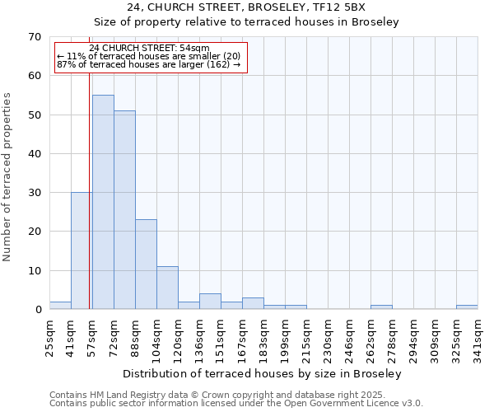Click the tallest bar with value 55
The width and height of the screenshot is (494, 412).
point(103,202)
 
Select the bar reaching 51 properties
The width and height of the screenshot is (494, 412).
point(124,210)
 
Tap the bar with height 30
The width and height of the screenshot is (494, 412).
point(82,250)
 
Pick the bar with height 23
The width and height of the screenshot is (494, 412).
point(146,264)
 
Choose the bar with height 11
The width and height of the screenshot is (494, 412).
point(167,288)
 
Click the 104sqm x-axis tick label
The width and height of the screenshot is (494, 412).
point(156,335)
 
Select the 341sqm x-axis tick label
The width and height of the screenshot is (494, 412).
point(478,335)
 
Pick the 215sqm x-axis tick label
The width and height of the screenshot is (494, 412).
point(306,335)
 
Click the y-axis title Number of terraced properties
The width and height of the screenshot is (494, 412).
point(8,176)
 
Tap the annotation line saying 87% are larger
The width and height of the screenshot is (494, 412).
point(149,64)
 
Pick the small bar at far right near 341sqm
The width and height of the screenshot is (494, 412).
point(467,307)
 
